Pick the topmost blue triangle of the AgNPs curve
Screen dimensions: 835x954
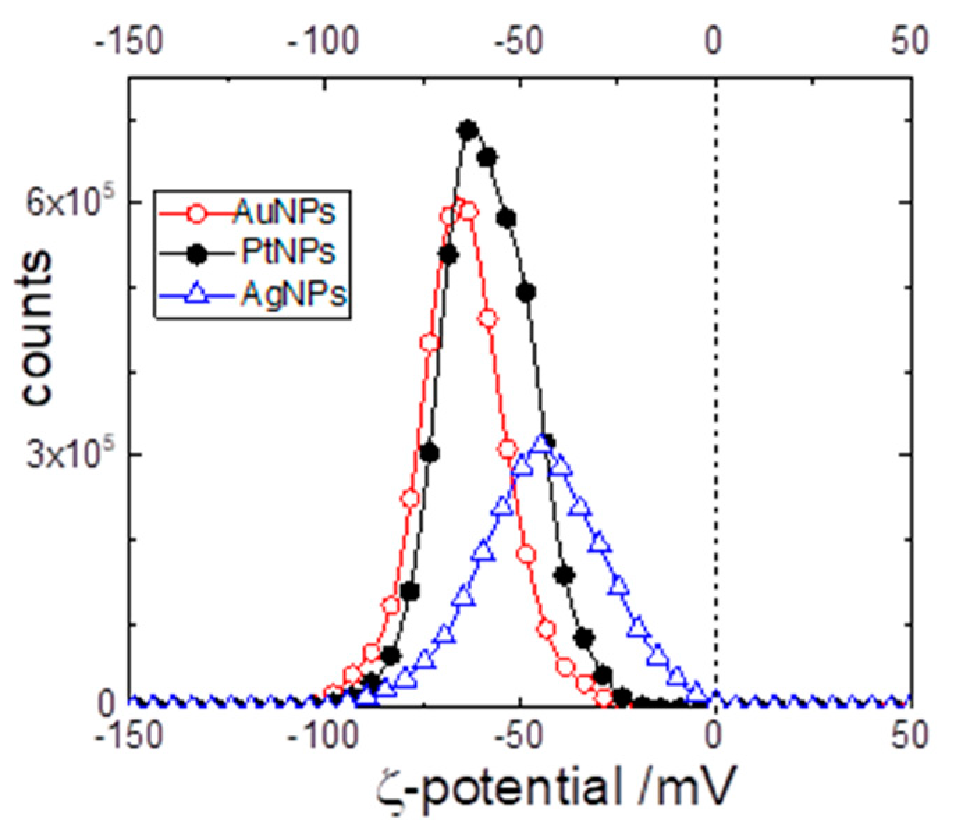pos(541,443)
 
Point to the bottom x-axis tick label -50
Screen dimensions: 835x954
pos(519,735)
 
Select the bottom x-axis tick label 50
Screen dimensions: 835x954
pos(909,735)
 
